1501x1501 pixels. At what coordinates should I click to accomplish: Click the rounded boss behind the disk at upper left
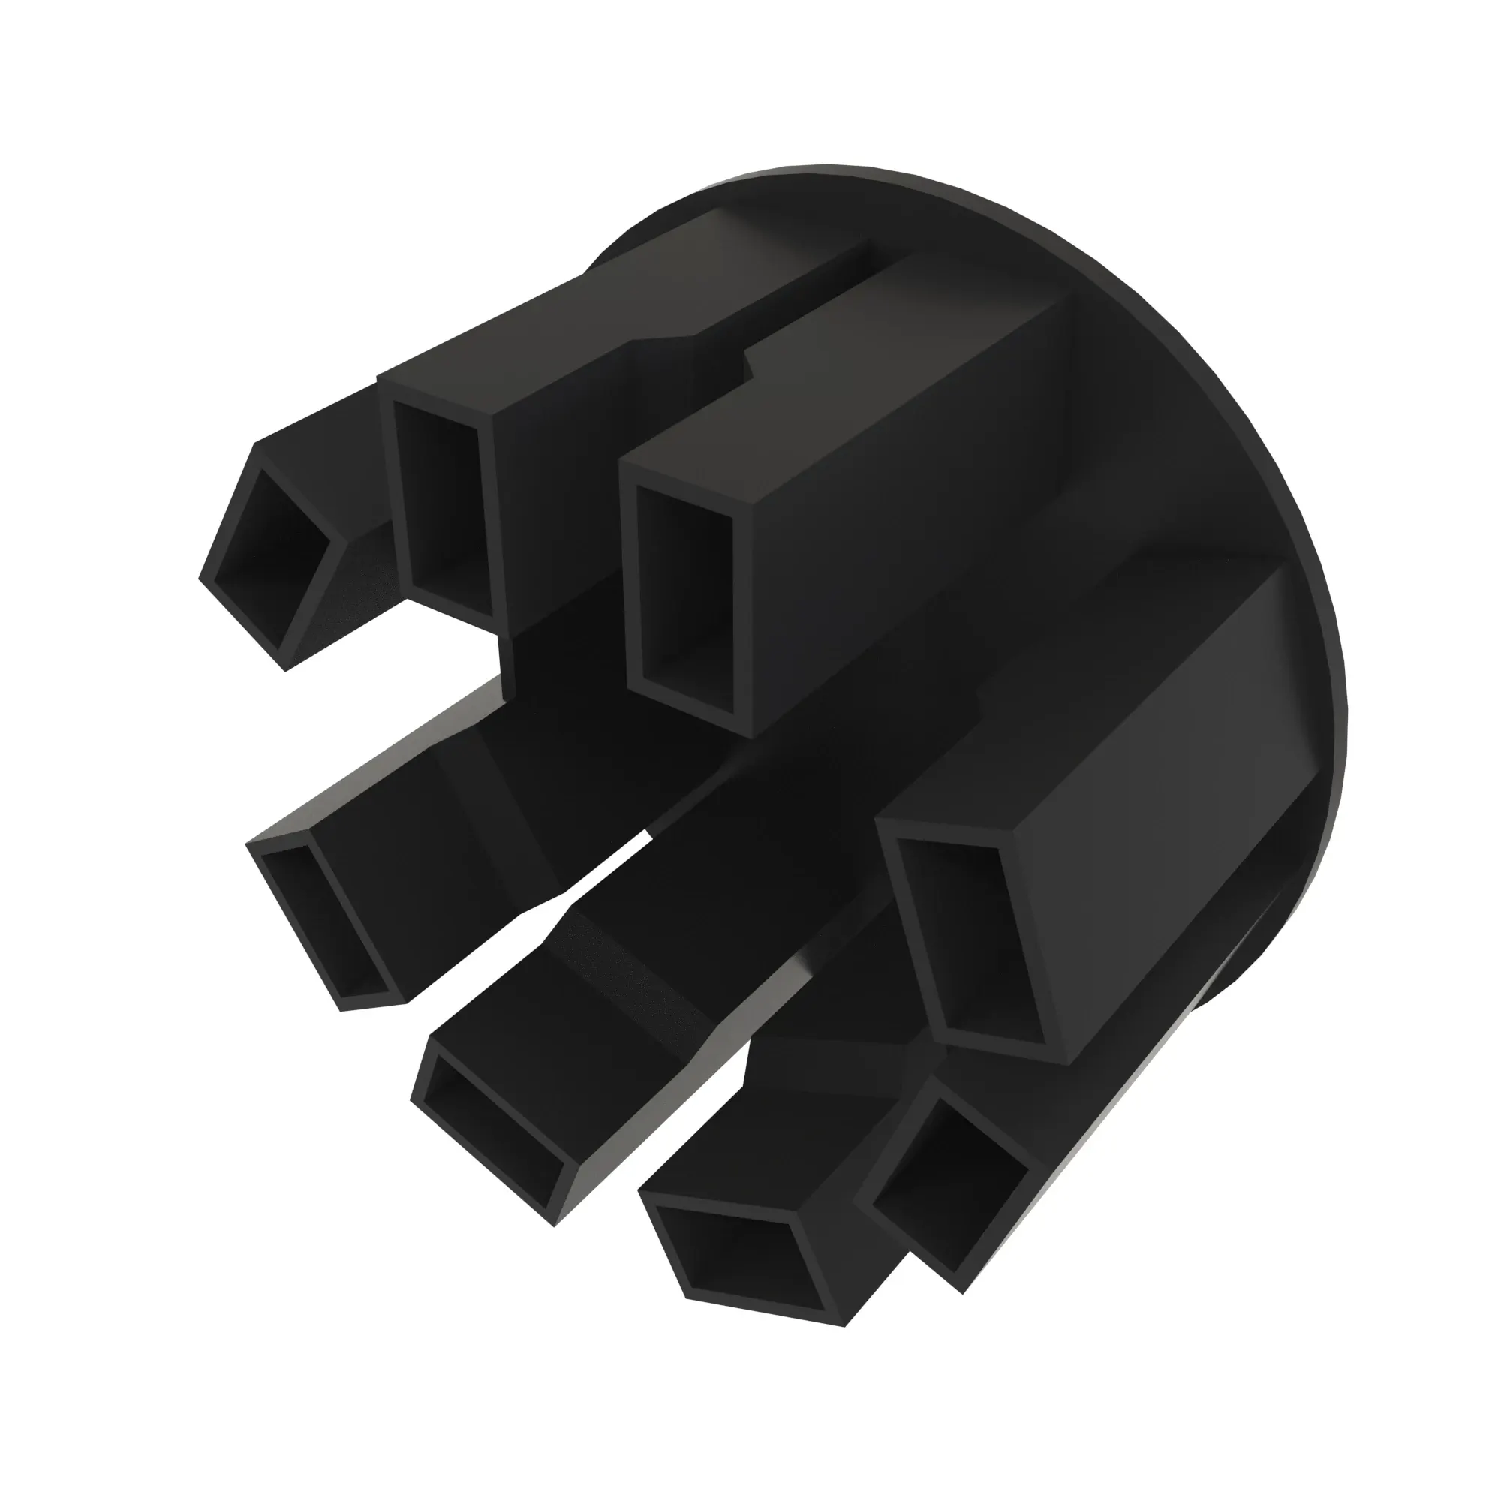point(621,241)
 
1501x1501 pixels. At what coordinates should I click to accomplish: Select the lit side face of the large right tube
point(1166,746)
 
